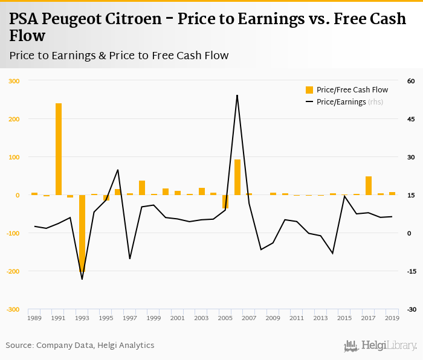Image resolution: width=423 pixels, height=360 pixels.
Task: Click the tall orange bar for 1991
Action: pos(59,149)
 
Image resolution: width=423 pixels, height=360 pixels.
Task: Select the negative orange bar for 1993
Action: pos(82,233)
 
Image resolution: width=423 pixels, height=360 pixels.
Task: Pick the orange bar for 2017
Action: pos(368,185)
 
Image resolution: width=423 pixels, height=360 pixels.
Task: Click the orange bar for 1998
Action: pos(142,187)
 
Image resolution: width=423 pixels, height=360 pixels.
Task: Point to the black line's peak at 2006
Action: pos(237,95)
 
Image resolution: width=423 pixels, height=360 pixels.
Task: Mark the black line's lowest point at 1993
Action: pos(82,279)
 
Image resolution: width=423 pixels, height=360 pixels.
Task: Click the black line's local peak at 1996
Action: pos(118,170)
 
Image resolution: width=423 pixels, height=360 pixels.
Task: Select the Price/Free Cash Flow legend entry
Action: pos(347,90)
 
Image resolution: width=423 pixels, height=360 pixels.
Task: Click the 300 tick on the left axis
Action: pos(13,81)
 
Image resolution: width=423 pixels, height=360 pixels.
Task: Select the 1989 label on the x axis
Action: pos(34,318)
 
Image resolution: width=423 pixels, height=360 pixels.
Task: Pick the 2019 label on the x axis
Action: pos(392,318)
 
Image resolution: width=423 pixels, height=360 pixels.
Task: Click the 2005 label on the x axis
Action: pos(225,318)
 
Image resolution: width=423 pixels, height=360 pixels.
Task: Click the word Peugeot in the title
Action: pos(77,19)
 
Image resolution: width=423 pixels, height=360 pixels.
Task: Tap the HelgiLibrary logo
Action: pos(380,346)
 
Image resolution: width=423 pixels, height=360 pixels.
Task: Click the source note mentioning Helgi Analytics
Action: pos(80,346)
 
